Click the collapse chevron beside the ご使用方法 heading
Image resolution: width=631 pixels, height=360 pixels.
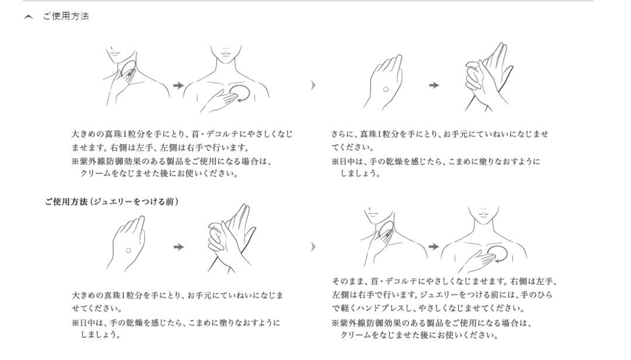click(28, 17)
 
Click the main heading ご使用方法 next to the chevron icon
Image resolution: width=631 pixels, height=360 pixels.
click(66, 16)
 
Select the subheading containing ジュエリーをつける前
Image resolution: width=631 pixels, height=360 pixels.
click(112, 202)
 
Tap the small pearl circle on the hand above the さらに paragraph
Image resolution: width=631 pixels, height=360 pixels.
click(386, 89)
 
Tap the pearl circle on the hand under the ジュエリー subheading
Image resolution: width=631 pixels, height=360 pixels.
click(129, 251)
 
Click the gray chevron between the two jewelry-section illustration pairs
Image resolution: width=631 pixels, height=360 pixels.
click(314, 247)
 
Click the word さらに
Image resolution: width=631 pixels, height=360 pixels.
click(340, 134)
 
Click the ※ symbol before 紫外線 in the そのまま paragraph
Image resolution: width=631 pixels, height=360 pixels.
click(335, 323)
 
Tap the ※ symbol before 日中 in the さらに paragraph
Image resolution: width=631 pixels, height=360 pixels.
click(335, 162)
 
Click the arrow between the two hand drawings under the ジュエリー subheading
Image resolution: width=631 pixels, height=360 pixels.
click(179, 247)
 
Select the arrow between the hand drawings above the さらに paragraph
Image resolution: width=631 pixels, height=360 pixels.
click(434, 85)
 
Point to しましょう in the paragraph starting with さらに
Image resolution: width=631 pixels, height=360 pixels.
click(360, 174)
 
